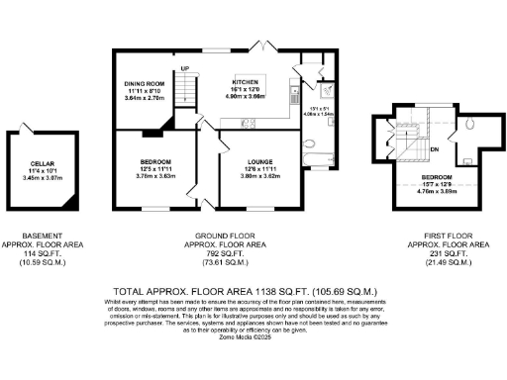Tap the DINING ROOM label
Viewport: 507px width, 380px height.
point(144,84)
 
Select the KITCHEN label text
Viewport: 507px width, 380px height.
point(245,81)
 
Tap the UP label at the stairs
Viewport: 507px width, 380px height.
point(184,68)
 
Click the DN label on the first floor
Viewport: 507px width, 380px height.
point(434,149)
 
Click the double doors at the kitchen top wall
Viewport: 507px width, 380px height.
point(261,47)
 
